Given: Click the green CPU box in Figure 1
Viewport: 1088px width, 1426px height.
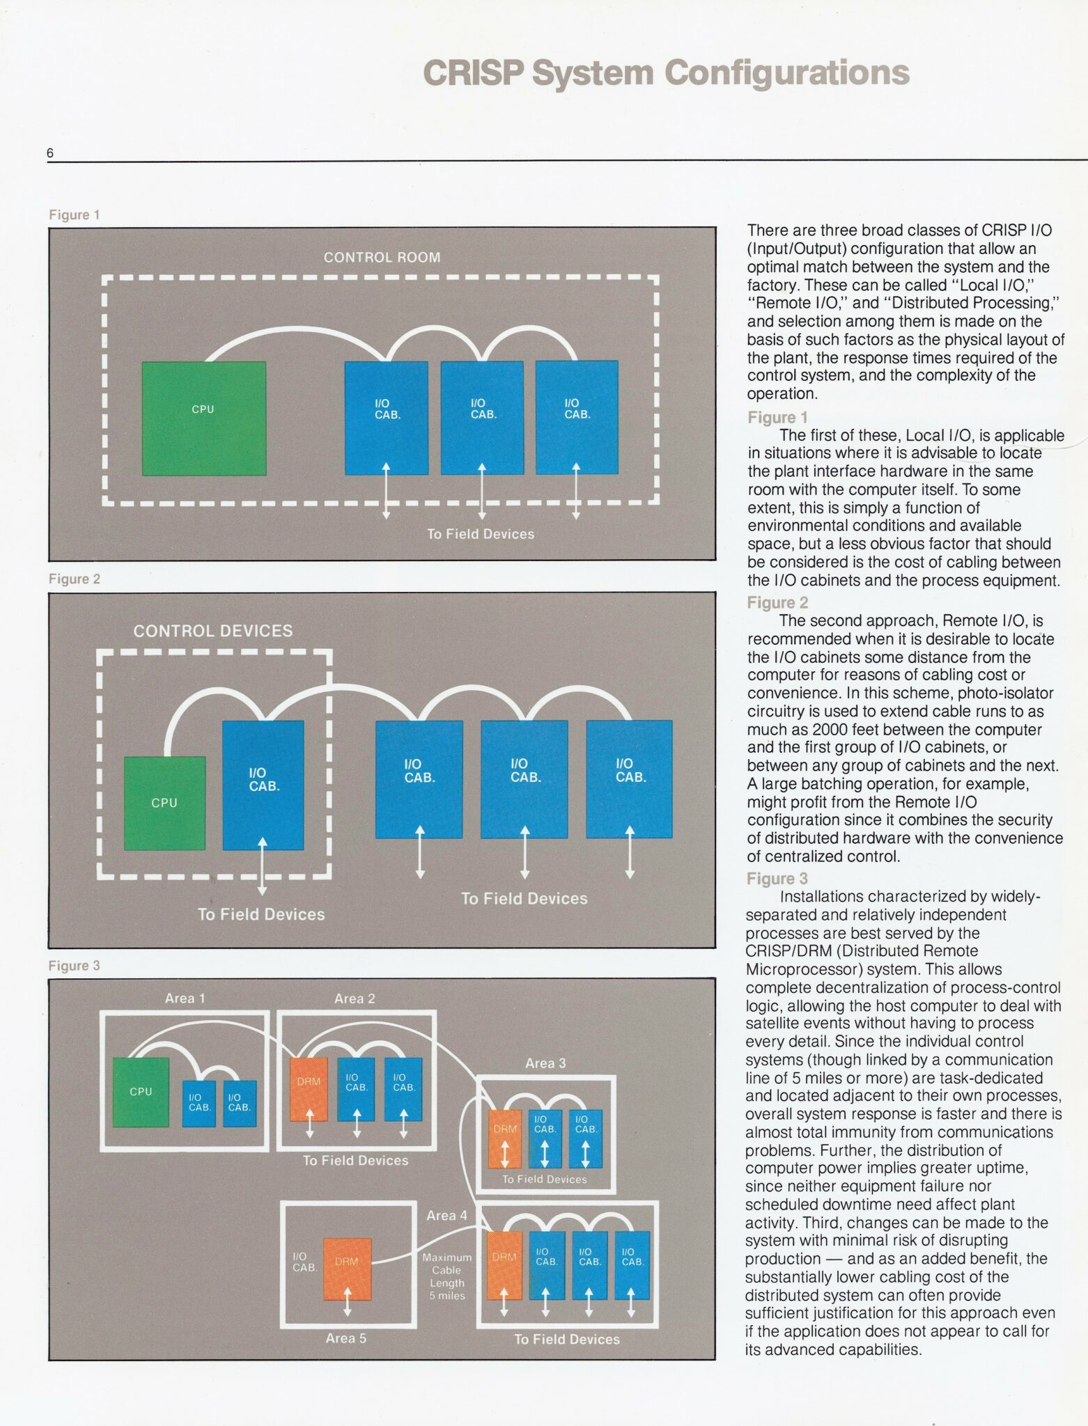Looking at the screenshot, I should tap(203, 418).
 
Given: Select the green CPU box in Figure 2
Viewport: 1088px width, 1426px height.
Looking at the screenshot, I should tap(164, 803).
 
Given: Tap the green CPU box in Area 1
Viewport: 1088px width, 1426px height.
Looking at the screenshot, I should tap(141, 1092).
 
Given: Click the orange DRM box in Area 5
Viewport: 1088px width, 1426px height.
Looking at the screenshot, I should tap(347, 1269).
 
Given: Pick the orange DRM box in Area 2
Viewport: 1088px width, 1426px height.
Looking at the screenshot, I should tap(309, 1090).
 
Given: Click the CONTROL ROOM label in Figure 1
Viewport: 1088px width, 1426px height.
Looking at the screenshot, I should tap(382, 258).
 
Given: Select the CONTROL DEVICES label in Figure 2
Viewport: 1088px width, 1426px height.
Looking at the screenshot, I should tap(213, 631).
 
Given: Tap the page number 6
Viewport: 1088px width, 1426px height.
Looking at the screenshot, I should tap(50, 153).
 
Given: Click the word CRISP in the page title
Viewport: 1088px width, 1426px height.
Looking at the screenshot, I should tap(473, 73).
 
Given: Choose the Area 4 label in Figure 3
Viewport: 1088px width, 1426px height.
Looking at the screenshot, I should tap(446, 1216).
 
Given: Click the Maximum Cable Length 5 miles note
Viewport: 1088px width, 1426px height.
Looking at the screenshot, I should tap(446, 1276).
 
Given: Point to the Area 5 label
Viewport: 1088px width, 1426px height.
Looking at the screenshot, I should tap(345, 1338).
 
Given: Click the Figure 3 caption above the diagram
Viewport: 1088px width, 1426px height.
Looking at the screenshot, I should tap(74, 966).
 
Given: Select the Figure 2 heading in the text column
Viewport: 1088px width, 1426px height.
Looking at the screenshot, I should tap(777, 602).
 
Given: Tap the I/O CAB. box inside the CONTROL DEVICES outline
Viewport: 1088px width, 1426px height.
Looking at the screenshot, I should tap(263, 785).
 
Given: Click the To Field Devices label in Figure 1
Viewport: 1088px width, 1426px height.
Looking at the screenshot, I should tap(481, 534).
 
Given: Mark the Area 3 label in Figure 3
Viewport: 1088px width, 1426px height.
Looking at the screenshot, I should tap(545, 1063).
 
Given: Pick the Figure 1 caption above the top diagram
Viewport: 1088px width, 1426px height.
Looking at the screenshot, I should tap(75, 215).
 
